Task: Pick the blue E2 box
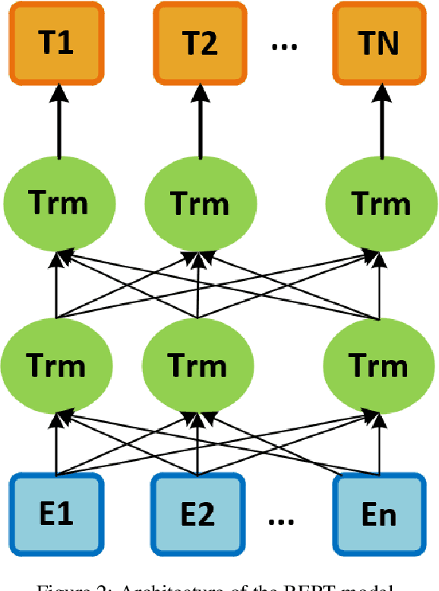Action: [197, 514]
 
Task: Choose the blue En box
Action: [377, 514]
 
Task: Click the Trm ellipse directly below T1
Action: [58, 204]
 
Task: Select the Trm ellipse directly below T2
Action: [198, 204]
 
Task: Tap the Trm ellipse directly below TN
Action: [379, 204]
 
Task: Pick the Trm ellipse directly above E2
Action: [197, 365]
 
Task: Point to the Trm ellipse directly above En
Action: [377, 365]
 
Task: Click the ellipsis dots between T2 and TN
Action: [285, 46]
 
